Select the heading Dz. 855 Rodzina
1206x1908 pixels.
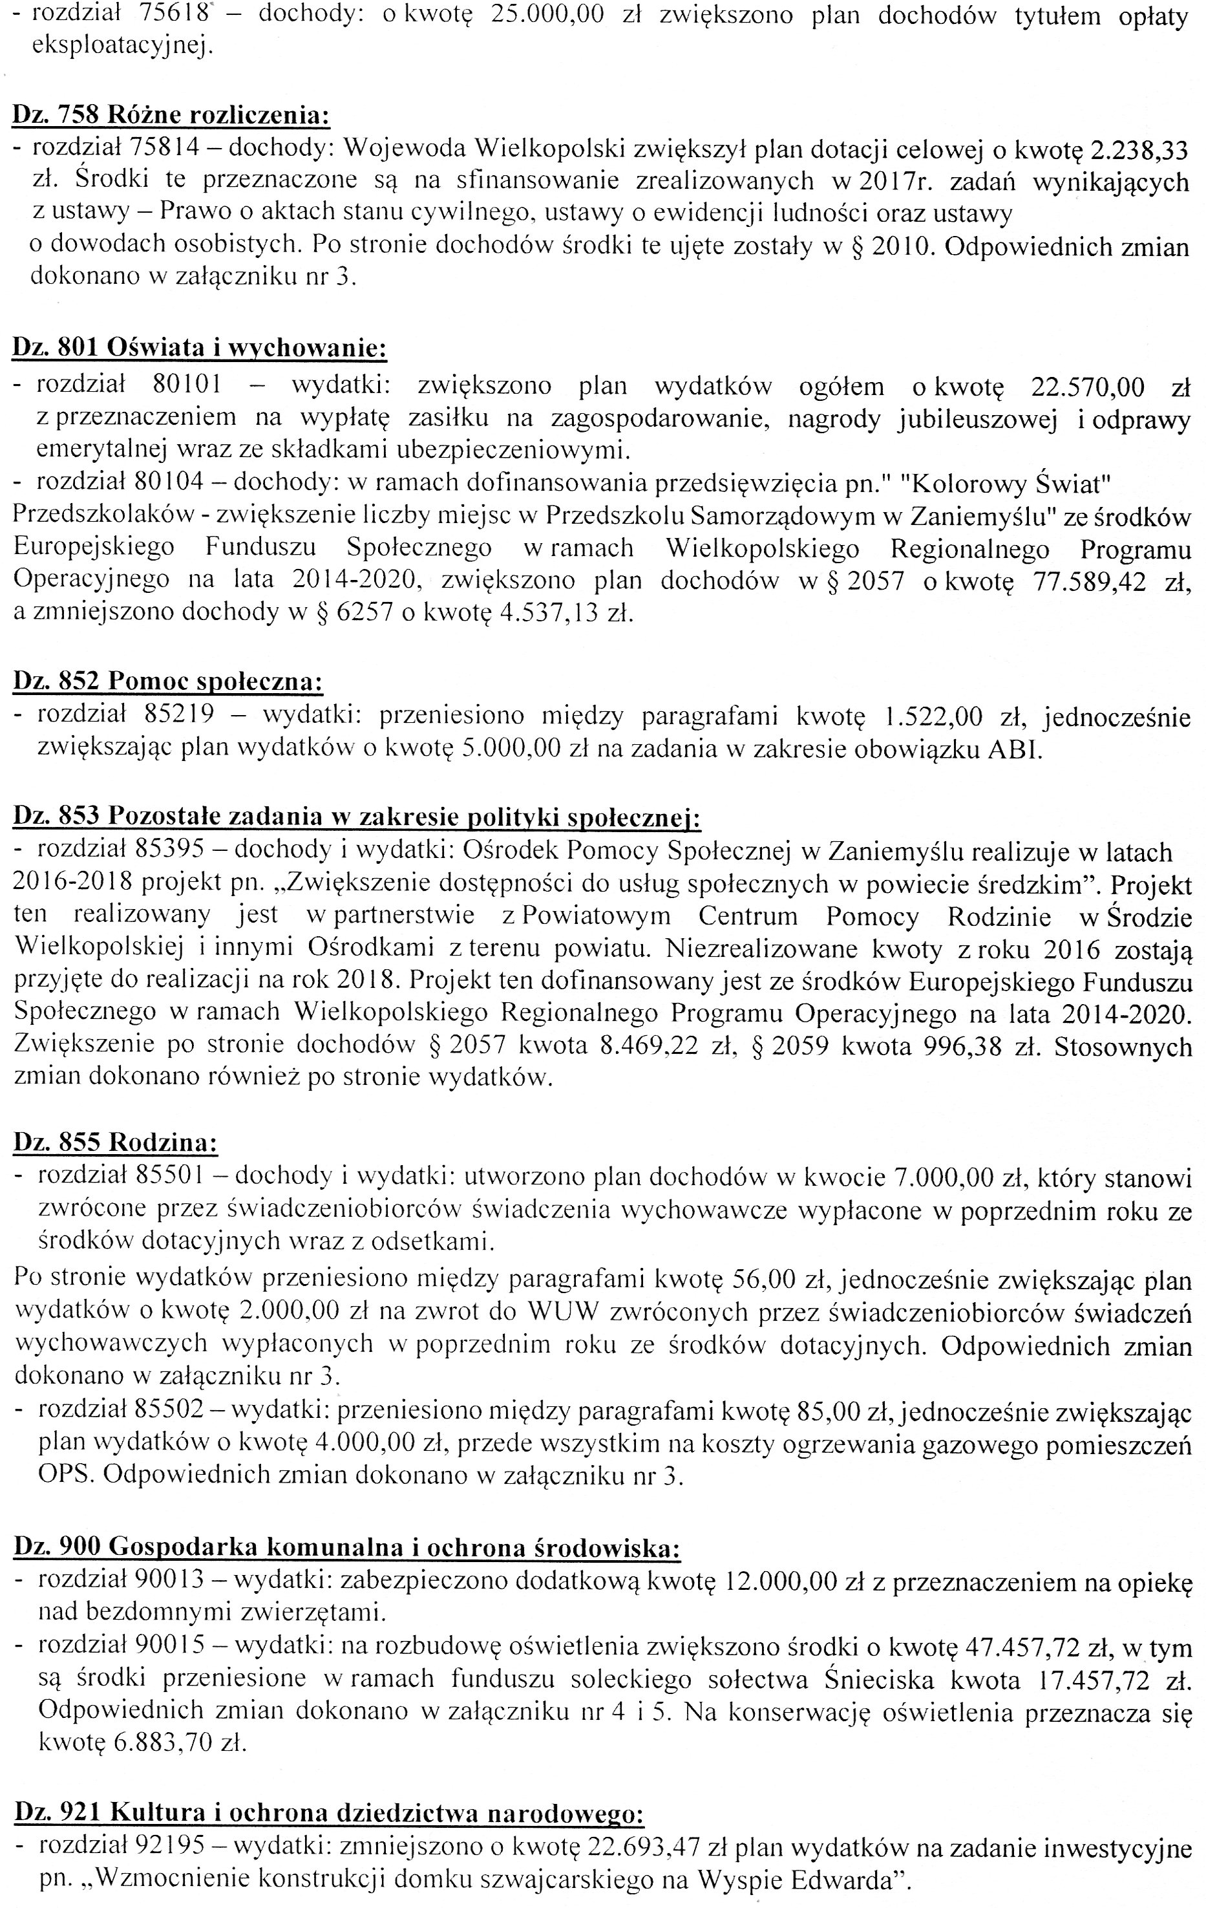(116, 1142)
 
